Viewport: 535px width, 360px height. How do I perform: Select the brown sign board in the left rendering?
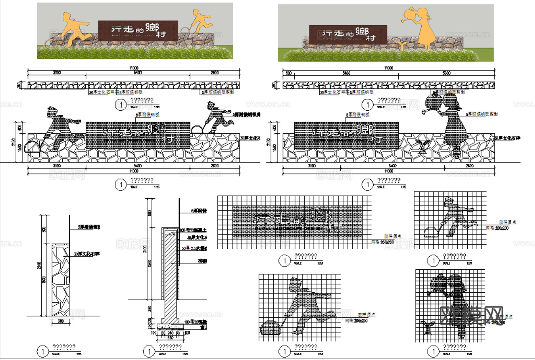pos(138,31)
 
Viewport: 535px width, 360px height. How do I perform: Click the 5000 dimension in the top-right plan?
pos(446,73)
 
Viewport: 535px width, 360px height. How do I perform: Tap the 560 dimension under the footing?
pos(170,337)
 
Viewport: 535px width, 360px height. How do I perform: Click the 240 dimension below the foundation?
pos(170,333)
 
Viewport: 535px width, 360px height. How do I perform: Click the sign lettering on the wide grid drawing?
pos(293,219)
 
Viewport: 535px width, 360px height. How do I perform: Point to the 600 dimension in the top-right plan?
pos(288,73)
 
